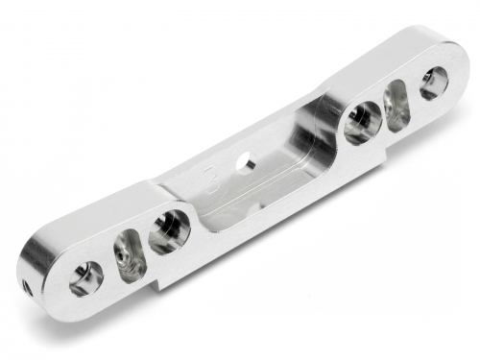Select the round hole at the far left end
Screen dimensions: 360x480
coord(85,276)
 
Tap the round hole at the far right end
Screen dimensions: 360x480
coord(433,83)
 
